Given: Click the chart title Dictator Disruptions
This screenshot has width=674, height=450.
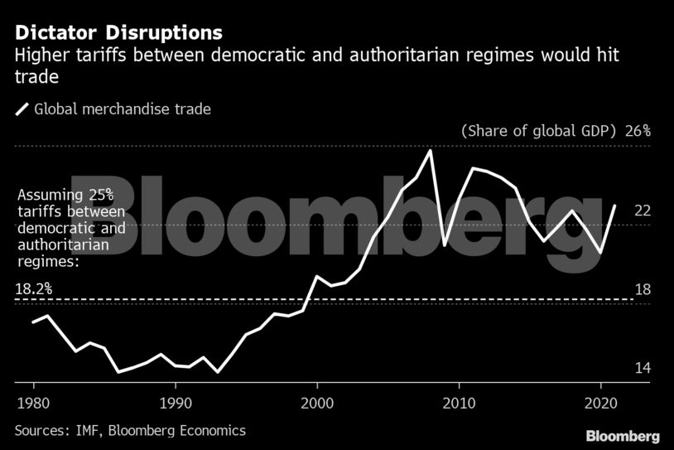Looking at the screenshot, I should click(118, 33).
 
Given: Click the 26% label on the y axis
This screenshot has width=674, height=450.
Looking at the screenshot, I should click(638, 131).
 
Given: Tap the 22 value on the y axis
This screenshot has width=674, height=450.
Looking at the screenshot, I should click(643, 210).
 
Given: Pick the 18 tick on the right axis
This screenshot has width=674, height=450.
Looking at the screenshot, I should click(643, 289).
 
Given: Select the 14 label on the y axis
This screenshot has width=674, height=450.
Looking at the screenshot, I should click(643, 368).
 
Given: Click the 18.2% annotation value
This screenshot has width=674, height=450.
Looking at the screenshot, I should click(34, 289).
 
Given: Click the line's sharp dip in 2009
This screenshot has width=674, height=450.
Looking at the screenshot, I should click(445, 245).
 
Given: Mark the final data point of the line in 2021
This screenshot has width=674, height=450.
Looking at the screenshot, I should click(614, 206).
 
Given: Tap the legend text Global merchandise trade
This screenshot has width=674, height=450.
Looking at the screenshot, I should click(123, 109).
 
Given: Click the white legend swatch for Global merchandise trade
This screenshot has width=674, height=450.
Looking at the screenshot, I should click(22, 109).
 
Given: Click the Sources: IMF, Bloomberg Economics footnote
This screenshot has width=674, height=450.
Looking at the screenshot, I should click(130, 430).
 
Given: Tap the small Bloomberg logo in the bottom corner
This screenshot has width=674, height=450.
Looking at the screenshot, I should click(623, 435).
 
